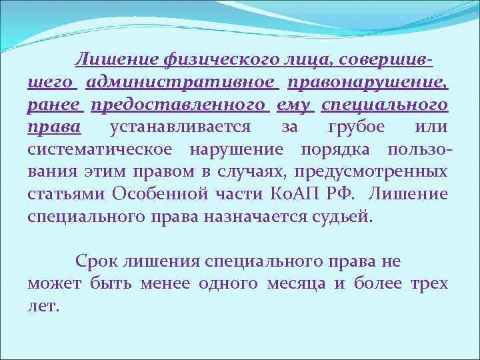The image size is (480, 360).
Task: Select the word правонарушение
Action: [368, 82]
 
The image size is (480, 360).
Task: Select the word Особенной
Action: [164, 194]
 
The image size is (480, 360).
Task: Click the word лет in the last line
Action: [43, 306]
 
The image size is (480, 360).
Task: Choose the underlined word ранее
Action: [55, 105]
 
